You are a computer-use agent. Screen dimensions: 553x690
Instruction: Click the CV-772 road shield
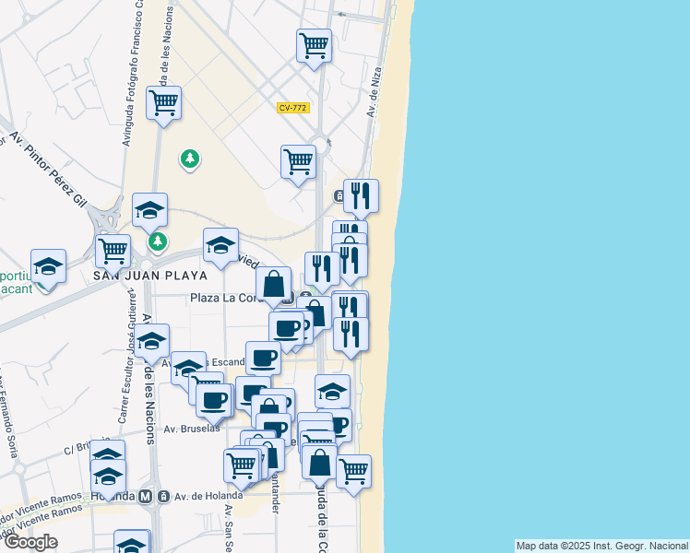pyautogui.click(x=292, y=108)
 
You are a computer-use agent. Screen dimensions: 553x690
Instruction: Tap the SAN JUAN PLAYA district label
pyautogui.click(x=150, y=275)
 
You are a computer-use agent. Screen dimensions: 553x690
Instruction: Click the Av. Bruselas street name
pyautogui.click(x=192, y=429)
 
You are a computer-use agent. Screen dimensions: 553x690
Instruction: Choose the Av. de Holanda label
pyautogui.click(x=198, y=497)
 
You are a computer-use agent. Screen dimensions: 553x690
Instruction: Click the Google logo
pyautogui.click(x=30, y=542)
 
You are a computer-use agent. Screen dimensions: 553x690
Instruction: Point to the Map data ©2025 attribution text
pyautogui.click(x=601, y=546)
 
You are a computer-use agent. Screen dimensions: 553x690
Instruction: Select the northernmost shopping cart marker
pyautogui.click(x=315, y=44)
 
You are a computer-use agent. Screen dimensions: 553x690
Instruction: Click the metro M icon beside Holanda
pyautogui.click(x=145, y=497)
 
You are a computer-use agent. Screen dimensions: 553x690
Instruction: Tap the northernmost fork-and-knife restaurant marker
pyautogui.click(x=361, y=194)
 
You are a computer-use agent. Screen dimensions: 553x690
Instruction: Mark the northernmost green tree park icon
pyautogui.click(x=190, y=159)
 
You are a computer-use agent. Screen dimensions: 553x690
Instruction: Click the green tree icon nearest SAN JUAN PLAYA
pyautogui.click(x=158, y=241)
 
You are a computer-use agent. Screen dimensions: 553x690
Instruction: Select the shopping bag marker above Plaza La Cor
pyautogui.click(x=274, y=284)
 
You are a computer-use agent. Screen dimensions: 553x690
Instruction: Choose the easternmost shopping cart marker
pyautogui.click(x=353, y=470)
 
